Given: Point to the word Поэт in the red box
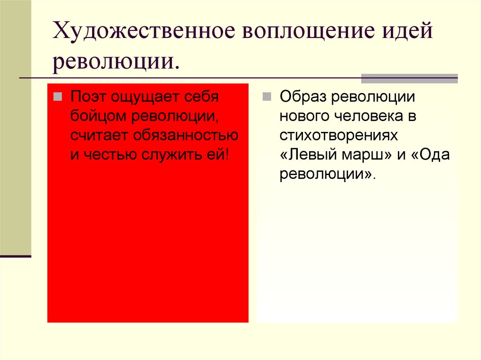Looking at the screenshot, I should pyautogui.click(x=87, y=97).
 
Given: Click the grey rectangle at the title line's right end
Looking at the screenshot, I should pyautogui.click(x=409, y=78).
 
